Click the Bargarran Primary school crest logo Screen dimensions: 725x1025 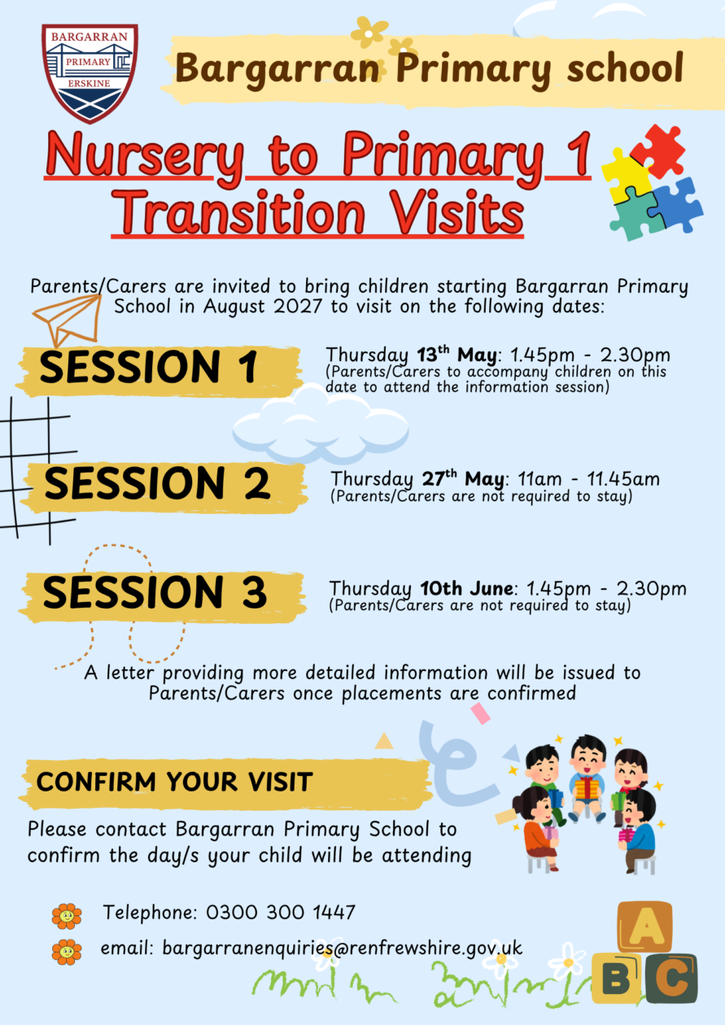pyautogui.click(x=90, y=73)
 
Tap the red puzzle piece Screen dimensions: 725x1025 pyautogui.click(x=658, y=151)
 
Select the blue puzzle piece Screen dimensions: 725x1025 pyautogui.click(x=676, y=205)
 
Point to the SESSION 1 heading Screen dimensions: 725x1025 pyautogui.click(x=148, y=368)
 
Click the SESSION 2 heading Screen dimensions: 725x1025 pyautogui.click(x=157, y=484)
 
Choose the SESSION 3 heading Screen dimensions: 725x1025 pyautogui.click(x=155, y=592)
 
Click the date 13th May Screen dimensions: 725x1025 pyautogui.click(x=456, y=354)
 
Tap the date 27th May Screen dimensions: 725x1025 pyautogui.click(x=462, y=478)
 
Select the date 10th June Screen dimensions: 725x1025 pyautogui.click(x=467, y=588)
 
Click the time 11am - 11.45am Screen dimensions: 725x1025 pyautogui.click(x=588, y=479)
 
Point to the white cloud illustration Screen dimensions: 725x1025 pyautogui.click(x=321, y=424)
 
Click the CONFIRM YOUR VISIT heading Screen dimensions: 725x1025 pyautogui.click(x=174, y=781)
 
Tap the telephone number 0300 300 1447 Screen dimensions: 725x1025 pyautogui.click(x=281, y=913)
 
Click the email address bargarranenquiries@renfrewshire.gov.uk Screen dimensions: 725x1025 pyautogui.click(x=343, y=949)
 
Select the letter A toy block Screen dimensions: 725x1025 pyautogui.click(x=645, y=926)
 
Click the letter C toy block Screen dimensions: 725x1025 pyautogui.click(x=671, y=979)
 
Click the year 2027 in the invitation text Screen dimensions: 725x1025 pyautogui.click(x=298, y=306)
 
